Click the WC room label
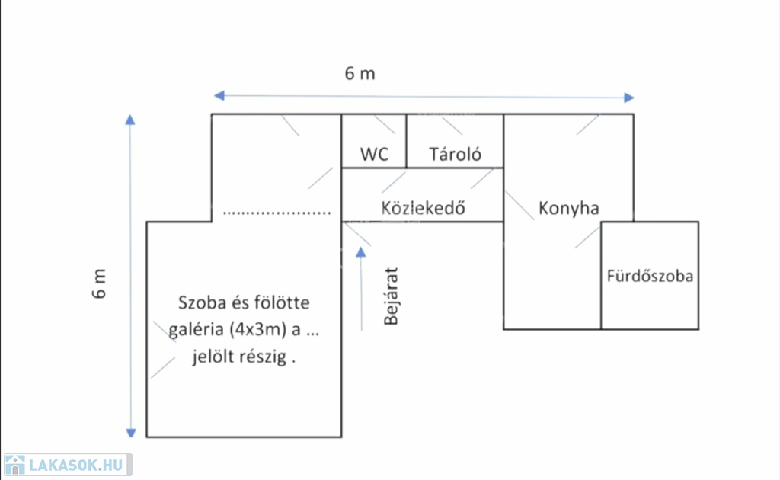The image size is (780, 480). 374,155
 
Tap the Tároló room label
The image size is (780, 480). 455,155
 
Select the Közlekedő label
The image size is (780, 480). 423,207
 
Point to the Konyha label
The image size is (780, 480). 568,208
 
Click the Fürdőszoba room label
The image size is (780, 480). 650,276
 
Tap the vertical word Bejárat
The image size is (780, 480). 392,296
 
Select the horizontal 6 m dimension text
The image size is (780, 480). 360,74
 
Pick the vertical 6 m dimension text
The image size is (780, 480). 101,283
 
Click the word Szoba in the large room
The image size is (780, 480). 200,302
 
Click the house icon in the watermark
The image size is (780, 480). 14,465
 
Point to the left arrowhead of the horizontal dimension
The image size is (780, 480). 219,96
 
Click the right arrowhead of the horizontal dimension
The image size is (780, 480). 628,97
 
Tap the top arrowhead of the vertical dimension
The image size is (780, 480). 130,120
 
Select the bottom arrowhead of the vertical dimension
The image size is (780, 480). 130,432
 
